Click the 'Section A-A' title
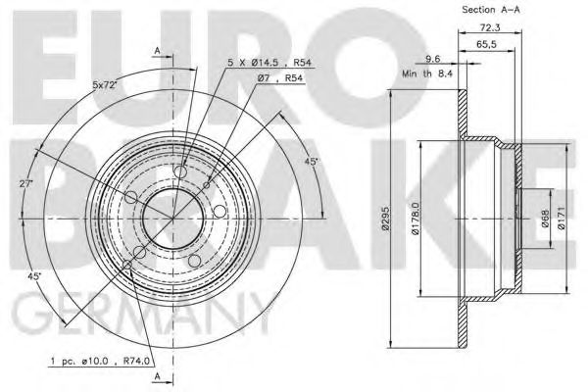coord(491,10)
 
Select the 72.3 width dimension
coord(490,27)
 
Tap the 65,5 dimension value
coord(486,44)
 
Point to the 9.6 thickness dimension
coord(433,59)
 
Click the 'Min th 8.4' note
coord(427,73)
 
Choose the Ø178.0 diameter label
coord(415,219)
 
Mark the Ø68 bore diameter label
coord(545,219)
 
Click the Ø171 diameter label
coord(561,218)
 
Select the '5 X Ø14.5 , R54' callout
coord(269,63)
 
